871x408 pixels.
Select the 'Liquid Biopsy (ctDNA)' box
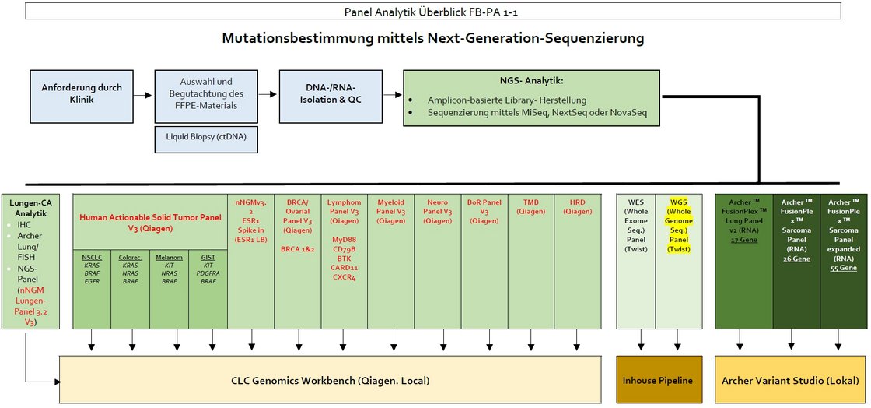(206, 139)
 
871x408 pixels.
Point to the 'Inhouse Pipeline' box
(657, 380)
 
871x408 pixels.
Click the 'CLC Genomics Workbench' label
(330, 380)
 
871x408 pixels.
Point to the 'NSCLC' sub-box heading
(92, 256)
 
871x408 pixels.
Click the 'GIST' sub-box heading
(208, 256)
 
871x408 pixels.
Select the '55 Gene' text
(843, 268)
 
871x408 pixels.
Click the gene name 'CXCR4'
(344, 278)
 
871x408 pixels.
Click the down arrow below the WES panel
(641, 341)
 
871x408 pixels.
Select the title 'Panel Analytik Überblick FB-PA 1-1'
(435, 12)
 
